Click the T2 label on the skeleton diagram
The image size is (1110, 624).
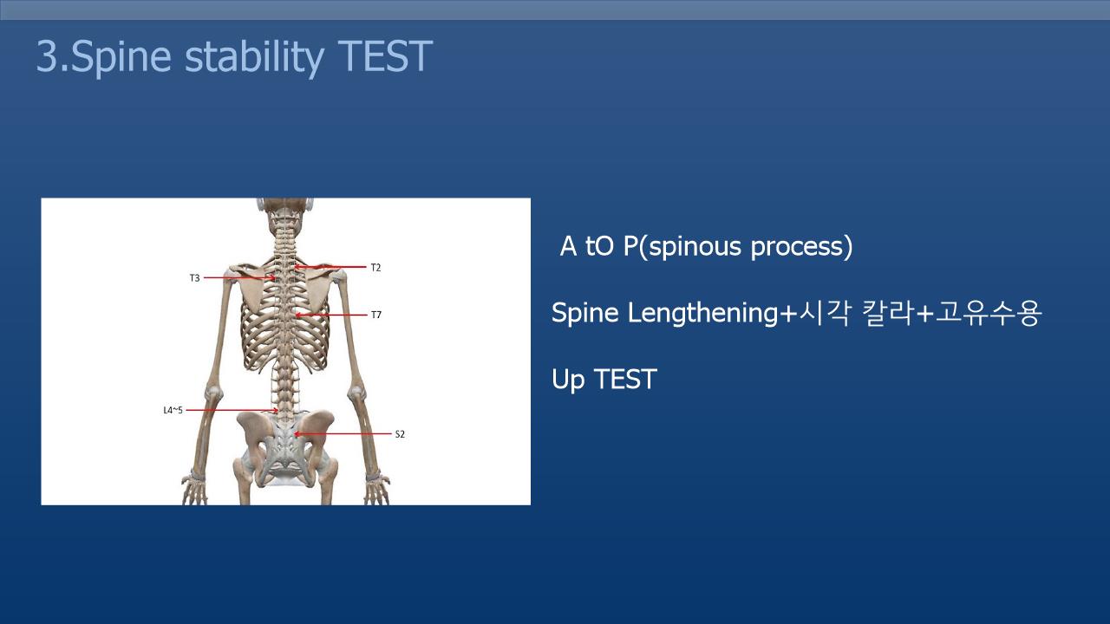[375, 268]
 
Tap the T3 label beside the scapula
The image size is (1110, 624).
[195, 278]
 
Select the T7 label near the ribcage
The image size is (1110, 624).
[376, 315]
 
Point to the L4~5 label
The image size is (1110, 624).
[173, 410]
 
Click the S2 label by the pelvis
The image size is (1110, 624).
[400, 434]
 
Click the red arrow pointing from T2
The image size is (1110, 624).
[330, 268]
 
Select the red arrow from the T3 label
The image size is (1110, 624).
[240, 278]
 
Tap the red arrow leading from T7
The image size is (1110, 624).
[331, 315]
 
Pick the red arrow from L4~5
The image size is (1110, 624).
[232, 410]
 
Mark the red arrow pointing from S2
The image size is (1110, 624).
[343, 434]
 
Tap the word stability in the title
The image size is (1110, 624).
[255, 57]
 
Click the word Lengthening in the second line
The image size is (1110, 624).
[702, 314]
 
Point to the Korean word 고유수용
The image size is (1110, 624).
[988, 313]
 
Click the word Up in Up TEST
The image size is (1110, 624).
[568, 380]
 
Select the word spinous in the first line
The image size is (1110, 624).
[695, 247]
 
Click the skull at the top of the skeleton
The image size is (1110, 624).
[285, 212]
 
